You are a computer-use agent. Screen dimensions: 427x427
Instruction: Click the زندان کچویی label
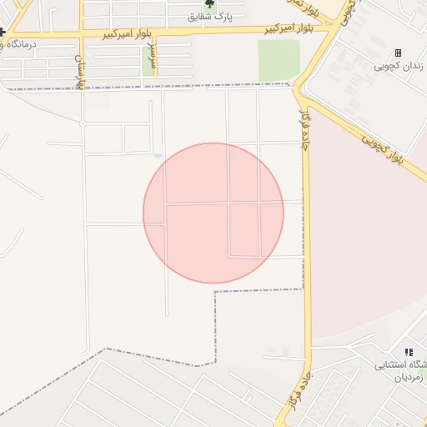(x=398, y=66)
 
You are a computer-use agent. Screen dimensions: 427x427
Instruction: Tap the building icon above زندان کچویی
(x=398, y=53)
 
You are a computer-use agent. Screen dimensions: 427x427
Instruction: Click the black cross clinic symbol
(x=3, y=32)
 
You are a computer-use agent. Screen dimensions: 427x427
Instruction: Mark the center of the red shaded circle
(x=213, y=213)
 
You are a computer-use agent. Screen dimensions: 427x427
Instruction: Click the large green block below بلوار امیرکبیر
(x=278, y=59)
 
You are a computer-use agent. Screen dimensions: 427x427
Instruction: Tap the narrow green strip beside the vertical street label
(x=147, y=63)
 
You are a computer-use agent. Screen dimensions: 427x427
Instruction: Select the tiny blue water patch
(x=158, y=155)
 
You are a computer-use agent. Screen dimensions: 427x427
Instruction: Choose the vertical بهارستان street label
(x=79, y=72)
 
